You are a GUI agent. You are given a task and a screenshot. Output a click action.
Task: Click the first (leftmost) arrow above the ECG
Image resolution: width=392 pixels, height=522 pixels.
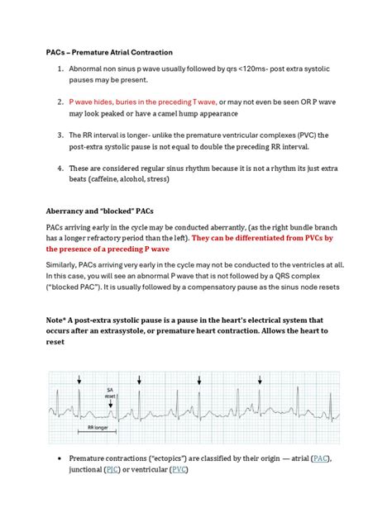tap(79, 380)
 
